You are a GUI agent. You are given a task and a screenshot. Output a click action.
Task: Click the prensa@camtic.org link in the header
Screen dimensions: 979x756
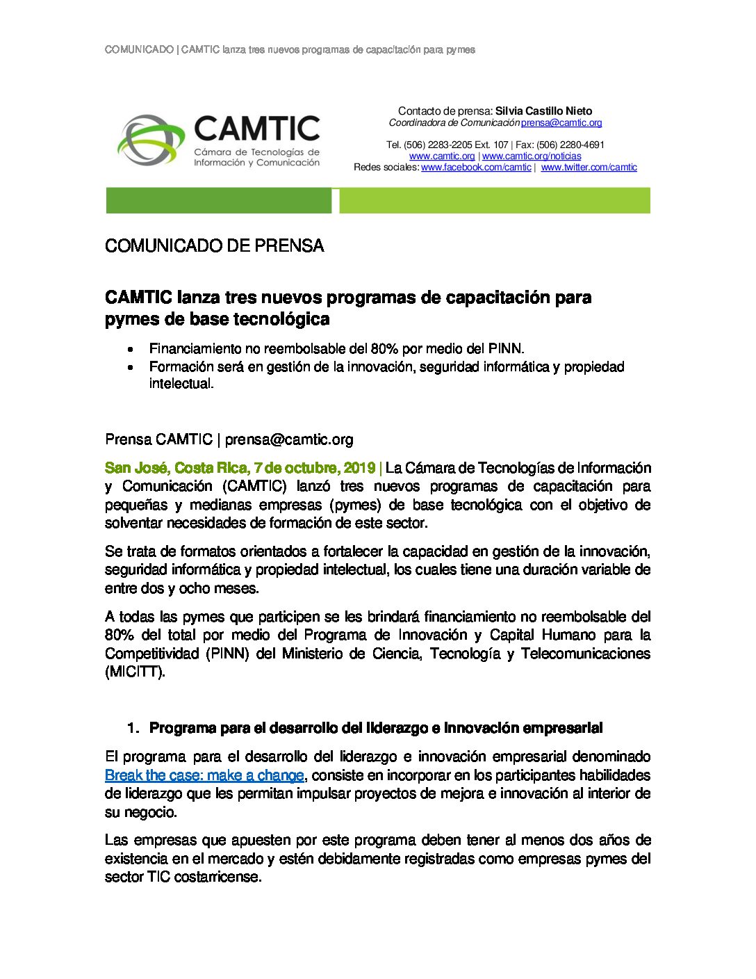(561, 123)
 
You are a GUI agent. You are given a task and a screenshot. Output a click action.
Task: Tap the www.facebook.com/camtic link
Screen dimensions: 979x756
(476, 168)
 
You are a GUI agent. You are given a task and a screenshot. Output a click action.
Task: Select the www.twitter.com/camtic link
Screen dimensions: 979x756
(589, 168)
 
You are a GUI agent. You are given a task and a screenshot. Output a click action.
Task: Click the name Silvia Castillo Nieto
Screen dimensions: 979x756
(543, 111)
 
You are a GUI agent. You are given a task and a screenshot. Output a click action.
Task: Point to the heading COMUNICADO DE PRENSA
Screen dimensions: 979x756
(214, 246)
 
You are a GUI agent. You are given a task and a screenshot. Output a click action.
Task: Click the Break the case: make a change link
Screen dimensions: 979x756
(204, 775)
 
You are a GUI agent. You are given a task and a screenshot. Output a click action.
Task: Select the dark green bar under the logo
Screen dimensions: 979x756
(218, 201)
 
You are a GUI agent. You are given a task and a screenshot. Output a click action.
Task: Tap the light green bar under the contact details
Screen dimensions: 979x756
(494, 201)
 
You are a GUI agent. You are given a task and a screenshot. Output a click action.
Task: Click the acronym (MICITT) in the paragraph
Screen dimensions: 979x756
(135, 672)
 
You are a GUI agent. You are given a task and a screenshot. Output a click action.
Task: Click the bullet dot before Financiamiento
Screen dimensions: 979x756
(131, 349)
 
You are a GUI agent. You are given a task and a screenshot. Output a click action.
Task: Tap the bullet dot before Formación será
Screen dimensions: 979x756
(131, 367)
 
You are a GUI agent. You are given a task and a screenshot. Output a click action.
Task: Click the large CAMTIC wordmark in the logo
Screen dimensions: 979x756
(256, 129)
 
